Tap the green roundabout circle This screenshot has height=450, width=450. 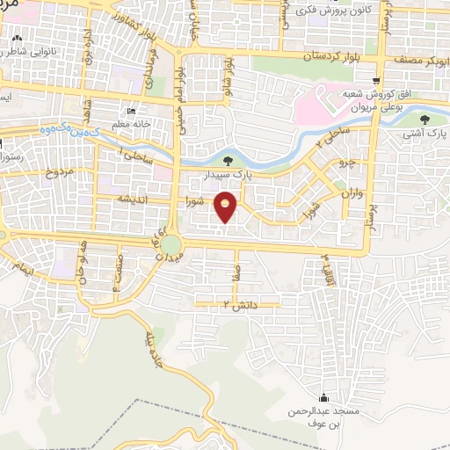(171, 243)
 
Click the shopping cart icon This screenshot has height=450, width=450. (376, 81)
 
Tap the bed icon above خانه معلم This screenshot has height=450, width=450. (131, 112)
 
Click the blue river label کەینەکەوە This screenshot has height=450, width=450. (67, 129)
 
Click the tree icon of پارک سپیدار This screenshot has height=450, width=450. (229, 161)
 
